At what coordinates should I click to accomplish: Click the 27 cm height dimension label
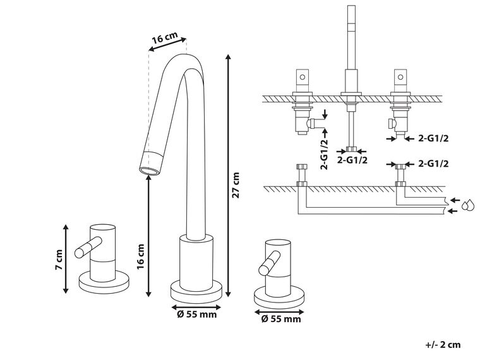pos(237,185)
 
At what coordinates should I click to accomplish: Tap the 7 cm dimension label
pos(58,260)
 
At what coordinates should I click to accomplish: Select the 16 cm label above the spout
pos(164,40)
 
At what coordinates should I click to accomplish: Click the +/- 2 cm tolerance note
pos(443,344)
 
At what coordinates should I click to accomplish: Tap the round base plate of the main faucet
pos(197,291)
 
